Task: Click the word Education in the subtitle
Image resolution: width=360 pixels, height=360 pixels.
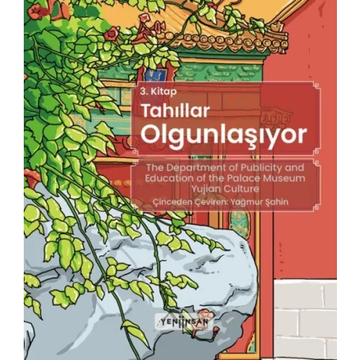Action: (158, 178)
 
